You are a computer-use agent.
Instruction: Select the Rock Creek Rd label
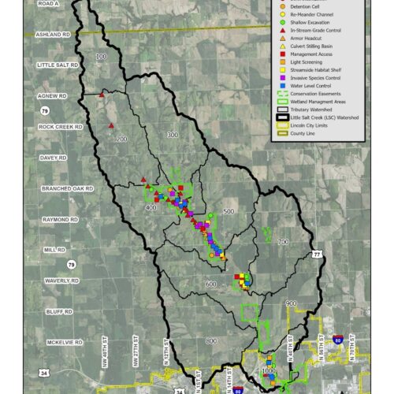click(x=58, y=127)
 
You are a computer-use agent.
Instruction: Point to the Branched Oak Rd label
click(x=67, y=189)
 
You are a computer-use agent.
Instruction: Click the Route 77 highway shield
click(x=316, y=255)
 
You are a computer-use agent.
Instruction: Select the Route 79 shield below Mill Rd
click(x=72, y=264)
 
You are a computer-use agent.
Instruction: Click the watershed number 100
click(x=101, y=57)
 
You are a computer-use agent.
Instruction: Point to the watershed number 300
click(x=173, y=136)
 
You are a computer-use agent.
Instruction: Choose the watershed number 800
click(x=210, y=340)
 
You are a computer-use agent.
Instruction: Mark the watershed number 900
click(x=290, y=303)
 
